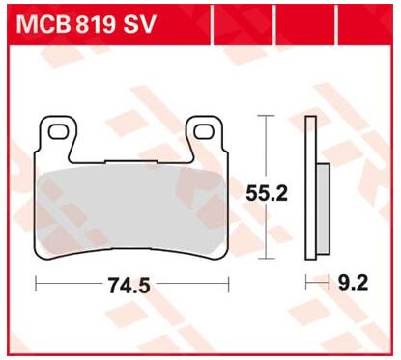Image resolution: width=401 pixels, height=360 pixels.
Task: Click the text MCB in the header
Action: (43, 24)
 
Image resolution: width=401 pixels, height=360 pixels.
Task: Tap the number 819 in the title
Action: (95, 24)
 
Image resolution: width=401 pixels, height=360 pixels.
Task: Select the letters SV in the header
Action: (139, 24)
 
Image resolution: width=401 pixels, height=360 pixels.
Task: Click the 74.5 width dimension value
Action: (129, 286)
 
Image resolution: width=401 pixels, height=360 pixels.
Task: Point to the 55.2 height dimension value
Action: (267, 193)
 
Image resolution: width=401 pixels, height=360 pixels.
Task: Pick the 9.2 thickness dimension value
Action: (354, 283)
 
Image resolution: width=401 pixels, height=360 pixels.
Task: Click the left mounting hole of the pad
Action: (59, 132)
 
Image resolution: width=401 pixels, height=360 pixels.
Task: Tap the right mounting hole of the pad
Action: (204, 132)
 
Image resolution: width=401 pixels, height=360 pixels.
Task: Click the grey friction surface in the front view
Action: (132, 209)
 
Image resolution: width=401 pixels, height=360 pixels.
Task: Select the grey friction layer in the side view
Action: (323, 208)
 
